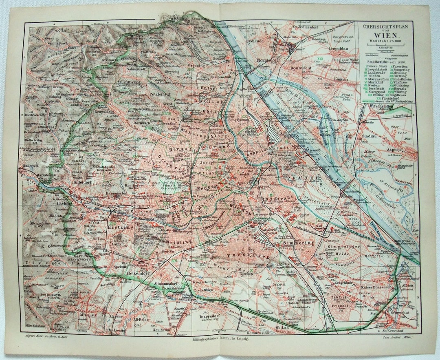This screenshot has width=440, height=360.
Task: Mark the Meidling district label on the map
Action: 178,241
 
